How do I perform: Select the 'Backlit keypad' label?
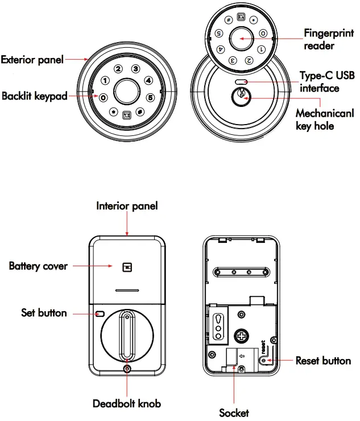pyautogui.click(x=34, y=96)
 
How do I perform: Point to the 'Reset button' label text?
pyautogui.click(x=323, y=361)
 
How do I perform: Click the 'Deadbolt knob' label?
pyautogui.click(x=127, y=403)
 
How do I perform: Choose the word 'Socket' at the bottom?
pyautogui.click(x=234, y=412)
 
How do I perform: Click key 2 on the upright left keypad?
pyautogui.click(x=118, y=69)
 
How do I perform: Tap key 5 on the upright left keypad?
pyautogui.click(x=150, y=97)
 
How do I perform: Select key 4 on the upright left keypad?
pyautogui.click(x=147, y=80)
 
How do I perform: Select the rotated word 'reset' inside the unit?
pyautogui.click(x=263, y=347)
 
